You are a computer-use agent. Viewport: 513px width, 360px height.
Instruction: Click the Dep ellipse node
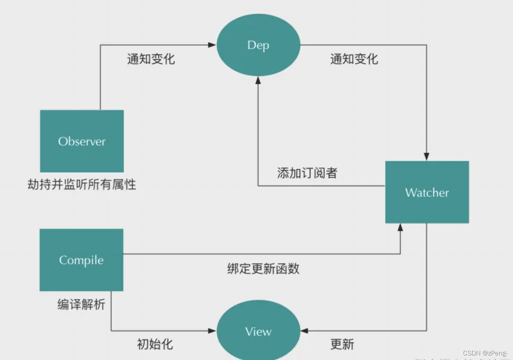click(x=258, y=45)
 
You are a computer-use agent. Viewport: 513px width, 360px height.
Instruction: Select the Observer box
click(x=82, y=141)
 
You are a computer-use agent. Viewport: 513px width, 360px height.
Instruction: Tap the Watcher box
click(x=427, y=192)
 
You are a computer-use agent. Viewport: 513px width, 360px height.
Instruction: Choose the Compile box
click(x=81, y=260)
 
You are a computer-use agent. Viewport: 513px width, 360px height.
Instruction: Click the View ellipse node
click(x=258, y=331)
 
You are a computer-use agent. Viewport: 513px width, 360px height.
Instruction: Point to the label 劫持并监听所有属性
click(x=82, y=184)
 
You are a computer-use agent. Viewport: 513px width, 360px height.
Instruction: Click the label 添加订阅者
click(x=307, y=173)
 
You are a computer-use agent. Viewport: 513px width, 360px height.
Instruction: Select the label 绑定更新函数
click(x=263, y=269)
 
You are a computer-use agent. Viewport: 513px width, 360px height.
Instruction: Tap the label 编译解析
click(x=81, y=304)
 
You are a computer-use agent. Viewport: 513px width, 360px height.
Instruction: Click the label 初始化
click(x=155, y=344)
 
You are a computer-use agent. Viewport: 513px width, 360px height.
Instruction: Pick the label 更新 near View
click(x=342, y=344)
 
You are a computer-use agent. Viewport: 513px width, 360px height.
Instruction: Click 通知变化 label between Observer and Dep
click(x=151, y=59)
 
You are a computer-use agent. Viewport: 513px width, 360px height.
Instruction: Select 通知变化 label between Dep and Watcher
click(x=354, y=59)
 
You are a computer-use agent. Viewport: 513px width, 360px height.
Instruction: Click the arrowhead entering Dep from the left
click(x=212, y=45)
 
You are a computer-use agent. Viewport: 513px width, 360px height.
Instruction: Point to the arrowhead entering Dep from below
click(x=258, y=81)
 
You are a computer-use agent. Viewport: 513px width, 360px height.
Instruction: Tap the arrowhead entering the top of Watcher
click(x=427, y=157)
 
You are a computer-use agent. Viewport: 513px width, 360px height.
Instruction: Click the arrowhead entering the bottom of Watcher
click(x=400, y=228)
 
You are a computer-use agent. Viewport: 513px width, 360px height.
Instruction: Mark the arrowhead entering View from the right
click(x=304, y=331)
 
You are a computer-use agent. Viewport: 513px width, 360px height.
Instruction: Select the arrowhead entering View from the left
click(x=212, y=331)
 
